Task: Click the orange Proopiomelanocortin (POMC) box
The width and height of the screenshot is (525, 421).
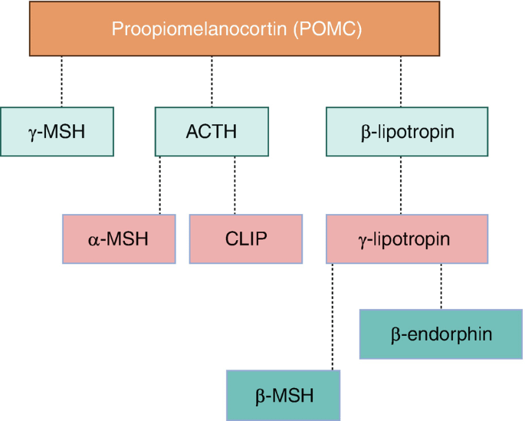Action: (x=235, y=28)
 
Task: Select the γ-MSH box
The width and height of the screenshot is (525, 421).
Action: (x=57, y=132)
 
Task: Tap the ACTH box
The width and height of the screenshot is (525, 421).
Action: (x=212, y=132)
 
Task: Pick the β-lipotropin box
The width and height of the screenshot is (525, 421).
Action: (x=407, y=132)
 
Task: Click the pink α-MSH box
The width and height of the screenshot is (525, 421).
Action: (x=119, y=238)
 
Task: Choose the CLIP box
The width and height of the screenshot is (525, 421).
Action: (x=246, y=238)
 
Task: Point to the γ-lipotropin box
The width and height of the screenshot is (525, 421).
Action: (x=407, y=238)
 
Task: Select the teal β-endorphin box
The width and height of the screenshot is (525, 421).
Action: (x=441, y=334)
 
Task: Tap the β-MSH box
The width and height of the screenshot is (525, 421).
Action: (x=284, y=395)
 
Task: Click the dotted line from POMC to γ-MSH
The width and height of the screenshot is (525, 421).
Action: (x=61, y=81)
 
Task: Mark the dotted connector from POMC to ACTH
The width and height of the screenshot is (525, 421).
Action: (x=212, y=81)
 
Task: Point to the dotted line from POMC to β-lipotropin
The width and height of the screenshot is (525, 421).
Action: (x=401, y=81)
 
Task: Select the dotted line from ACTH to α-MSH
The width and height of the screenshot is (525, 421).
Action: (x=159, y=186)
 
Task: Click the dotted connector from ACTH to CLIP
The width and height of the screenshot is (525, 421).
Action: (x=235, y=186)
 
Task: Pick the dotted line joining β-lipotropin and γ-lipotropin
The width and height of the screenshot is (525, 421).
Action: (x=401, y=186)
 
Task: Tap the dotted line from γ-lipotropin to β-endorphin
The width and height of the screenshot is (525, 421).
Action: (x=441, y=286)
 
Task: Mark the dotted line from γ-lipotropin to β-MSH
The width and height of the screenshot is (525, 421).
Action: (x=333, y=317)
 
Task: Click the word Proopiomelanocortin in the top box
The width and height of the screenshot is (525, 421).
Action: (x=199, y=29)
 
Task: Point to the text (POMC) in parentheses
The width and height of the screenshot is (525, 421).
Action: (x=327, y=29)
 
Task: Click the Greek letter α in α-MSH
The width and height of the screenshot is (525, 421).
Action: (x=94, y=240)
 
